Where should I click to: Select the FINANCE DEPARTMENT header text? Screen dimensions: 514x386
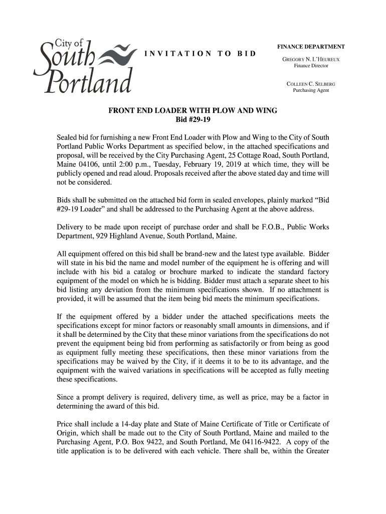click(x=311, y=47)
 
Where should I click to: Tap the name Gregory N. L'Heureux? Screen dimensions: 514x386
click(x=311, y=59)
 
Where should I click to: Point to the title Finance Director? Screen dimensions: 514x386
click(x=311, y=66)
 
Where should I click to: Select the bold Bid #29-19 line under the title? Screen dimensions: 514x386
click(x=193, y=120)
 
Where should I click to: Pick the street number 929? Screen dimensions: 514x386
click(x=103, y=236)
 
